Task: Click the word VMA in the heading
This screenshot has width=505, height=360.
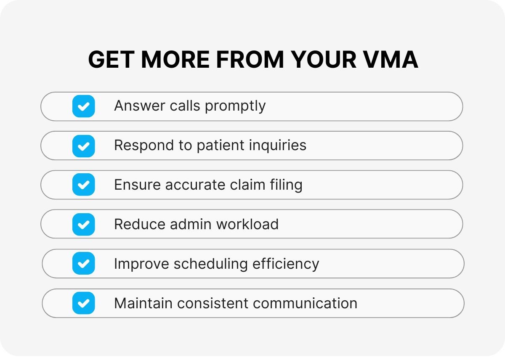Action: pyautogui.click(x=391, y=59)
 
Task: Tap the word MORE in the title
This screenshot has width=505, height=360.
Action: pyautogui.click(x=175, y=59)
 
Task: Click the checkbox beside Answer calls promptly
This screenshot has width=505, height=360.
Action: pyautogui.click(x=83, y=106)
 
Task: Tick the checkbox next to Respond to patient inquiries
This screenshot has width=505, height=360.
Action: pyautogui.click(x=83, y=146)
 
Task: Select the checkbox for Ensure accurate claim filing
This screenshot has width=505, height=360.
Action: pyautogui.click(x=83, y=185)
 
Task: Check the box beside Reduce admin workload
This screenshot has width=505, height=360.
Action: pyautogui.click(x=83, y=225)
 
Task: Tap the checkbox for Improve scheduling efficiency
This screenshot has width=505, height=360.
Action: pyautogui.click(x=83, y=263)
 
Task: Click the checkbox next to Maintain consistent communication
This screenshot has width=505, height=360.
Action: pyautogui.click(x=83, y=303)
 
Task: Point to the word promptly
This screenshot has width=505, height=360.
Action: pyautogui.click(x=235, y=106)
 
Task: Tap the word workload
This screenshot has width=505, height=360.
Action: pyautogui.click(x=247, y=225)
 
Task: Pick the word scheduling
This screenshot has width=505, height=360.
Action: pyautogui.click(x=210, y=264)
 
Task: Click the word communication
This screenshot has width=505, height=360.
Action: pyautogui.click(x=305, y=304)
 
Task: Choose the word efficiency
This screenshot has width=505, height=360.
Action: pyautogui.click(x=286, y=264)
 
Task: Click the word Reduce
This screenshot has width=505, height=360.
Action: pyautogui.click(x=140, y=225)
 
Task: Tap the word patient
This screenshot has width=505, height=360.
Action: pyautogui.click(x=221, y=146)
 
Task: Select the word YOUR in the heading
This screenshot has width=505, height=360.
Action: pyautogui.click(x=324, y=59)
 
